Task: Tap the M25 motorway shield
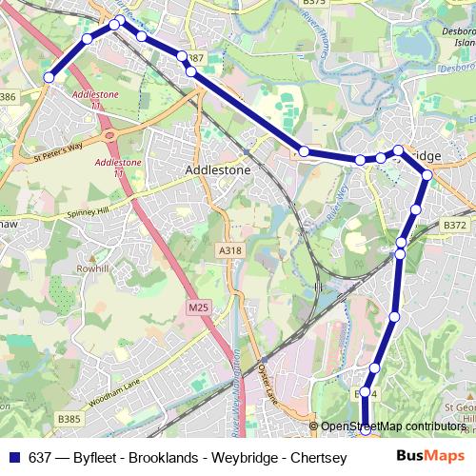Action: click(198, 307)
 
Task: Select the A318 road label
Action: click(230, 250)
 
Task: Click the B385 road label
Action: click(69, 417)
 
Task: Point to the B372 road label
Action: click(456, 226)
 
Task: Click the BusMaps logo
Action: click(430, 456)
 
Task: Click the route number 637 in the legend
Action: click(40, 457)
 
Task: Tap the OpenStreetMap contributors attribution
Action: click(393, 426)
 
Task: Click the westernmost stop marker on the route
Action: click(49, 77)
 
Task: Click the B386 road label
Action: click(7, 96)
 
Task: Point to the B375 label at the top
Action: click(314, 3)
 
